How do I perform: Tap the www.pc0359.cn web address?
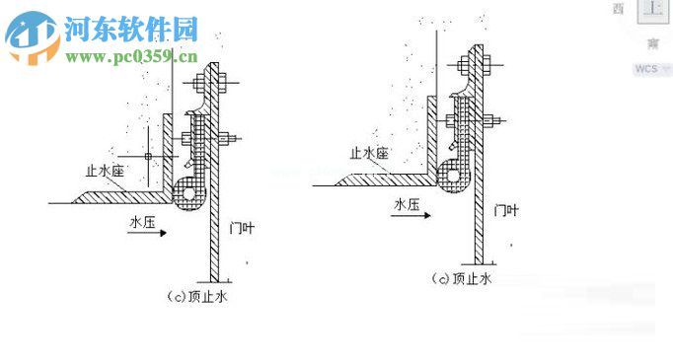click(132, 56)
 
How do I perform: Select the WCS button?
click(647, 69)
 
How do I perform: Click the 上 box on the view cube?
click(652, 10)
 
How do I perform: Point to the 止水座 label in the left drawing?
click(105, 171)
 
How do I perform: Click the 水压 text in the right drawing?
click(407, 204)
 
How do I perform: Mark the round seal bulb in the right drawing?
click(452, 174)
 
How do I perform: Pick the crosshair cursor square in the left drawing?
click(147, 156)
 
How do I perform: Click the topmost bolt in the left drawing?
click(213, 78)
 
